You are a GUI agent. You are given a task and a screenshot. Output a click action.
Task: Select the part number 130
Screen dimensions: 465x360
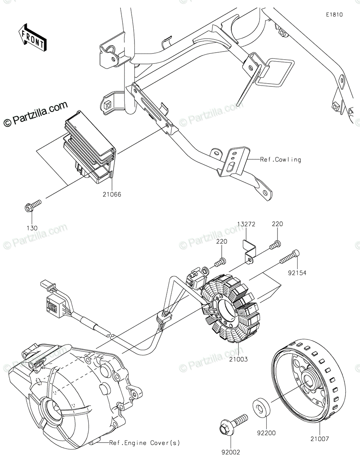coord(32,228)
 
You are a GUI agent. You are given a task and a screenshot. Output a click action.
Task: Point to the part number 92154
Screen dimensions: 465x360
coord(297,273)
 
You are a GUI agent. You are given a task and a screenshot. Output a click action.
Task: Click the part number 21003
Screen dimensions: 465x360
coord(238,359)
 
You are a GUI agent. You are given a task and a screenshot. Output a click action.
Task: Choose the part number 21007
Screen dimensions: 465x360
coord(319,439)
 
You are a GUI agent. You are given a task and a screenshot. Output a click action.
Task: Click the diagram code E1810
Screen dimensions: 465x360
coord(334,15)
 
